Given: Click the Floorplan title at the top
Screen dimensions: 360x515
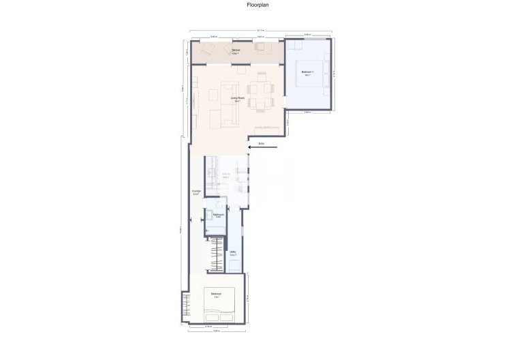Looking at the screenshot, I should (257, 4).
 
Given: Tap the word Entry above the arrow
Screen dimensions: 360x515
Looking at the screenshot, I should (262, 144).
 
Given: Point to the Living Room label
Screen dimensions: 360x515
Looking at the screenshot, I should (238, 98).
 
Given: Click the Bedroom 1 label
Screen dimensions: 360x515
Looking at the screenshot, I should (307, 72).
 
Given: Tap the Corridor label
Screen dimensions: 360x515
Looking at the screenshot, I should (196, 192).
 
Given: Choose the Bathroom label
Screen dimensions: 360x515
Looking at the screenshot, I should (219, 215).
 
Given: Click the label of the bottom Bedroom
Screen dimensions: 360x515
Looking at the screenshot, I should (216, 295).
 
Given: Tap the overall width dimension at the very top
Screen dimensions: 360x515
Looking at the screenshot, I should (261, 30).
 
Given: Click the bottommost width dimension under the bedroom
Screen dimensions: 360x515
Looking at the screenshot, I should (215, 333).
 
